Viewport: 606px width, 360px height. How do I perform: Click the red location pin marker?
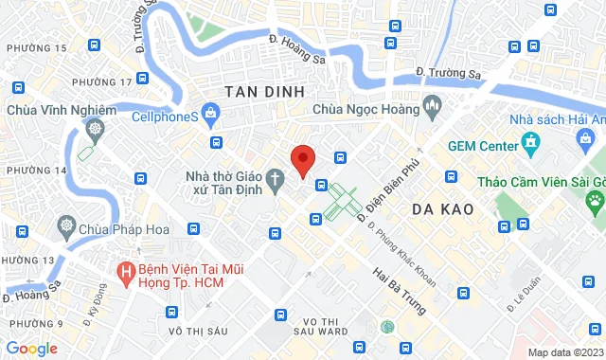(x=302, y=160)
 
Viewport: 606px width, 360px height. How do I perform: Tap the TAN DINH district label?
(x=265, y=91)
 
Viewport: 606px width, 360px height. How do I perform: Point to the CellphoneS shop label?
(x=164, y=117)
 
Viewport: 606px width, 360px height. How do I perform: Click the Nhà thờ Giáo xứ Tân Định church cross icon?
(x=275, y=177)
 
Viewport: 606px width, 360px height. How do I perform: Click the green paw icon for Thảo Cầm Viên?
(x=595, y=200)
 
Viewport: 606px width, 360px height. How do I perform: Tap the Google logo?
(x=32, y=348)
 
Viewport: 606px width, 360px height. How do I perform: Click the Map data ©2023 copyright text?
(x=565, y=352)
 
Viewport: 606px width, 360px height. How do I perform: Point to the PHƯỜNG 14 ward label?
(x=36, y=170)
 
